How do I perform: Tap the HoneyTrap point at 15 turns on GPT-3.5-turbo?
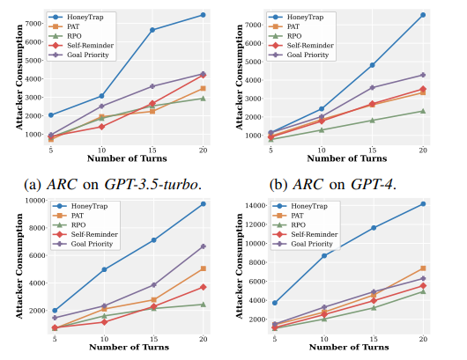click(x=152, y=30)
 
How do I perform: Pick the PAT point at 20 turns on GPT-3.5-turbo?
click(x=203, y=89)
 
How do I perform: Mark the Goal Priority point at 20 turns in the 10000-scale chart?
click(x=203, y=246)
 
